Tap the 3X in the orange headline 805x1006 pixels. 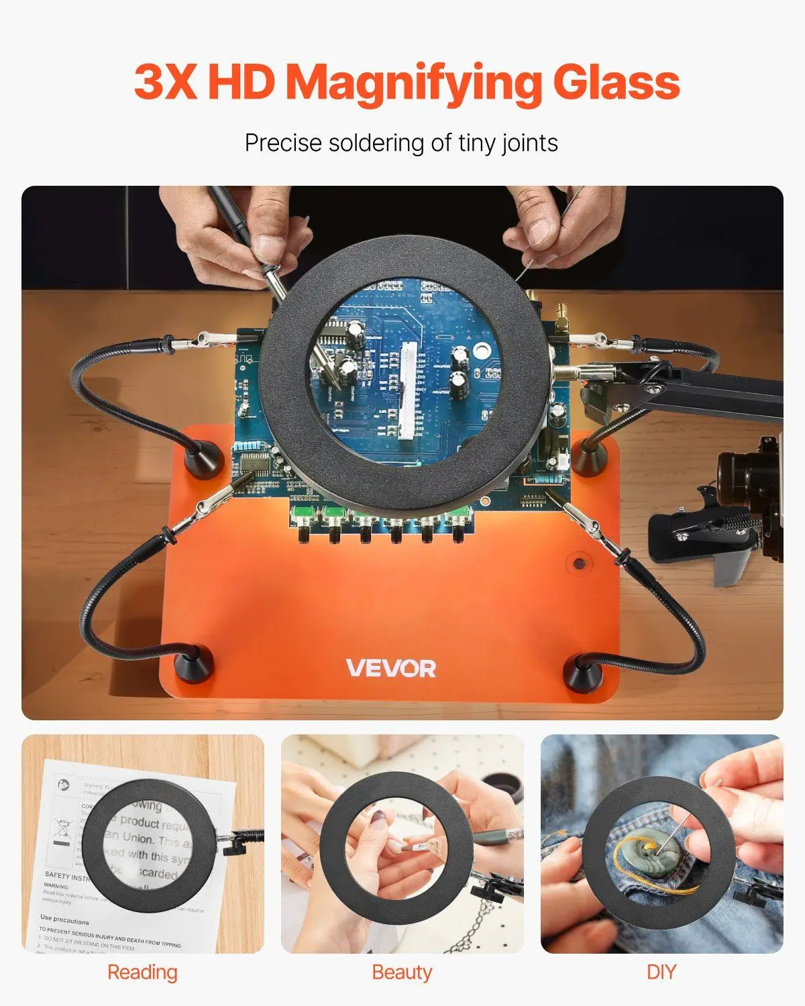[x=165, y=82]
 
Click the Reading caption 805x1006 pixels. [x=142, y=972]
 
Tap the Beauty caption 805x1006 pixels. [x=402, y=972]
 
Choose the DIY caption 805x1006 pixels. [x=661, y=972]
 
